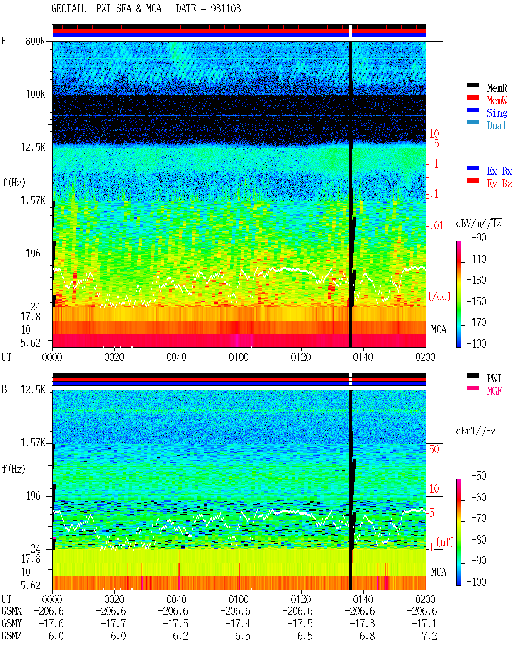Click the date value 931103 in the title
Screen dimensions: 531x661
pos(225,8)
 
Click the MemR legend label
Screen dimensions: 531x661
pos(497,88)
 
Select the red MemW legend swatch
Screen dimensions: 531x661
pos(473,98)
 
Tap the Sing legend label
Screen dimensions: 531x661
pos(497,113)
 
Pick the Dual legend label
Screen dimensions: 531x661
pos(496,125)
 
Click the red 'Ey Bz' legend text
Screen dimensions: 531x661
pos(499,184)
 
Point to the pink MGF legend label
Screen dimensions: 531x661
pos(494,391)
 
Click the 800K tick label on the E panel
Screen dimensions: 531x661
pos(35,41)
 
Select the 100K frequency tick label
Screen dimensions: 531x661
pos(35,94)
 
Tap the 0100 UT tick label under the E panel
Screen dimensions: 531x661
pos(239,357)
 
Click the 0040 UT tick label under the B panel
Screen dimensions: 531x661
pos(176,599)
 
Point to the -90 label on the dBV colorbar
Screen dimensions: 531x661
pos(479,237)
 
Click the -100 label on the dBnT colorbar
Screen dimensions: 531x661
pos(476,582)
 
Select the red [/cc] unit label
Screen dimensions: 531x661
pos(439,296)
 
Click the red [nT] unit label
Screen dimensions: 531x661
pos(445,542)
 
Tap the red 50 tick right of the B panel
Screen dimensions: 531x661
pos(434,449)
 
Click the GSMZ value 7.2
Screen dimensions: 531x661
pos(429,636)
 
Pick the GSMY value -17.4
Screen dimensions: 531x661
pos(238,624)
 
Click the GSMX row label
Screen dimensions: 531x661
pos(12,611)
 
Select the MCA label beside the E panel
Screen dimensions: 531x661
pos(438,329)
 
